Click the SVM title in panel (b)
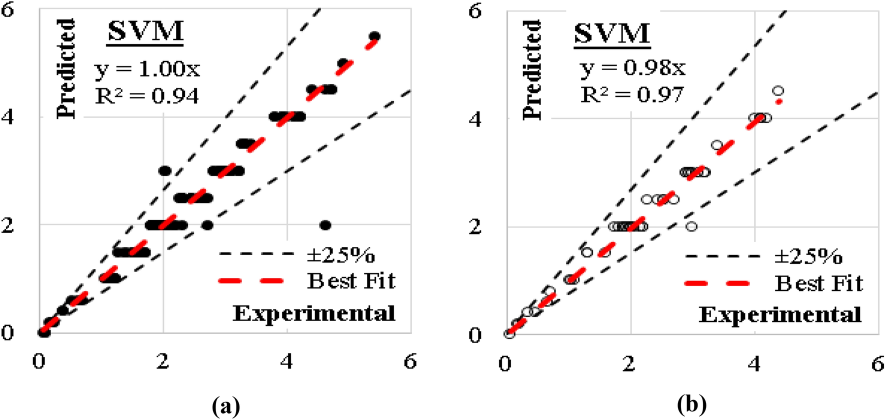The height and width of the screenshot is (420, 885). [611, 33]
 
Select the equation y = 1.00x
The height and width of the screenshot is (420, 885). [147, 68]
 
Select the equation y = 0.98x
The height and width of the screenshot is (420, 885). [632, 67]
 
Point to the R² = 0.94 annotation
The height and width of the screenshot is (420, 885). [147, 95]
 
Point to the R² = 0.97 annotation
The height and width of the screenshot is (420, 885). [632, 94]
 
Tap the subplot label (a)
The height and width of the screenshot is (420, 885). [226, 405]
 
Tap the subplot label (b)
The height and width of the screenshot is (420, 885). [691, 404]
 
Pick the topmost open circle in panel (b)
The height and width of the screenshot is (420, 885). [778, 91]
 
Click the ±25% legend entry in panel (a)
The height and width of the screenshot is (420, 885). [340, 255]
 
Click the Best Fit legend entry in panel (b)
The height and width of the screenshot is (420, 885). [818, 283]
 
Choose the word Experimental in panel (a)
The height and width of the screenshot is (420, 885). [314, 313]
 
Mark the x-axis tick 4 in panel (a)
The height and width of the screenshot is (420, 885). [286, 361]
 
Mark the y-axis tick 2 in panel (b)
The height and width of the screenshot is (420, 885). [475, 226]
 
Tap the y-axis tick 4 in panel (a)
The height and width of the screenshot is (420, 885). [7, 117]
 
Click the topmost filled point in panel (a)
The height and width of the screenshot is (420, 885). [374, 36]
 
